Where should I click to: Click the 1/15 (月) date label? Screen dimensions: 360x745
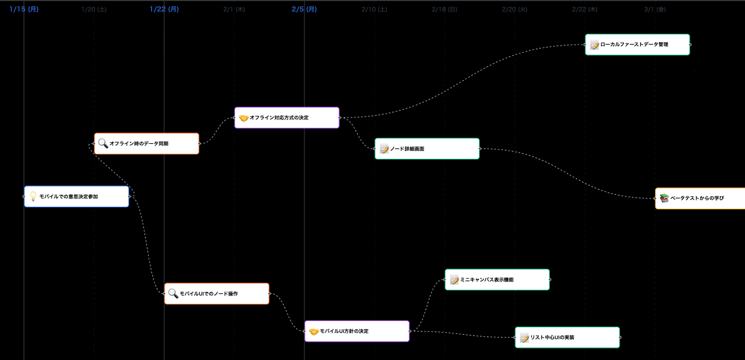(x=24, y=9)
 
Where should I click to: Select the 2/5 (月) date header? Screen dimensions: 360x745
(x=304, y=9)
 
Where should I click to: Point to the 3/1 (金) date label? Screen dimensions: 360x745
(x=655, y=9)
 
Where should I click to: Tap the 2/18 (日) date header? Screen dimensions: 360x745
(x=444, y=9)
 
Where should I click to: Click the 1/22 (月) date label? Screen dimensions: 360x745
(x=164, y=9)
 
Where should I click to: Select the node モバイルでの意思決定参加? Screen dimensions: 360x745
(x=76, y=196)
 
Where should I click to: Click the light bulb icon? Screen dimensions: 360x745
(x=33, y=196)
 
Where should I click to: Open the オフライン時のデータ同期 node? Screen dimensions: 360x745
(x=146, y=143)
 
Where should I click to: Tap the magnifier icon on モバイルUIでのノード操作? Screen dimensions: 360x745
(x=173, y=294)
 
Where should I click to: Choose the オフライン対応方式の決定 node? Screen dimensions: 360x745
(x=287, y=117)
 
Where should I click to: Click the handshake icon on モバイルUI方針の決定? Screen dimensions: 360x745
(x=314, y=331)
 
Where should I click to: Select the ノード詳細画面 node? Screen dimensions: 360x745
(x=427, y=149)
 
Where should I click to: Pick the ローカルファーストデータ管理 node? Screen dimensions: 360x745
(x=637, y=45)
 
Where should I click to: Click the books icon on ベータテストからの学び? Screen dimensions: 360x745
(x=664, y=198)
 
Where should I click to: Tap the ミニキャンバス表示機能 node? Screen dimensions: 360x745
(x=497, y=279)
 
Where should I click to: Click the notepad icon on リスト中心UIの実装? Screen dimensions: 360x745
(x=524, y=338)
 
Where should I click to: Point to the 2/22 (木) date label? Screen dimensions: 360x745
(x=585, y=9)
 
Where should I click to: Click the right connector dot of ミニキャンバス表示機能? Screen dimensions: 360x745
(x=550, y=279)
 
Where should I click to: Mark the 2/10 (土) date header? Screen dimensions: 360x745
(x=374, y=9)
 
